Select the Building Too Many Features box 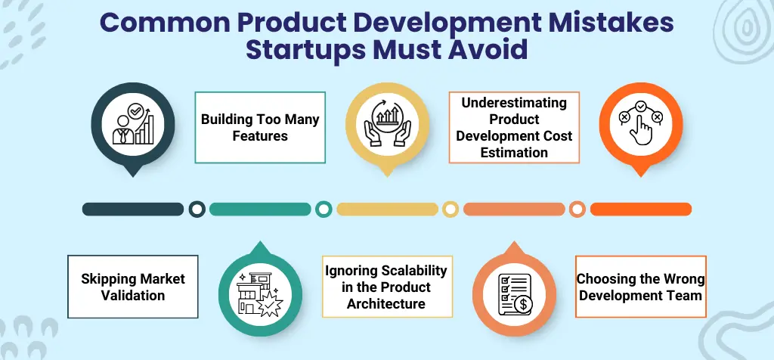click(x=260, y=128)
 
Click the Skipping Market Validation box click(x=133, y=287)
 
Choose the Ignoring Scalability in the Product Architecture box click(x=386, y=287)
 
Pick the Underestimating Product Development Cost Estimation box click(x=514, y=128)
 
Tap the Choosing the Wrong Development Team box click(x=640, y=287)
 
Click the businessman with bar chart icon click(x=133, y=126)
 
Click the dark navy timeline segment click(x=133, y=209)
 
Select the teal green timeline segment click(x=260, y=209)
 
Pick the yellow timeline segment click(x=387, y=209)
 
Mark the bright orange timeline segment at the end click(x=640, y=209)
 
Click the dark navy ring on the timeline click(x=197, y=209)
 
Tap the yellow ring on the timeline click(x=450, y=209)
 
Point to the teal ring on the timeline click(x=324, y=209)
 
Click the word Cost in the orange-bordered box click(x=556, y=135)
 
